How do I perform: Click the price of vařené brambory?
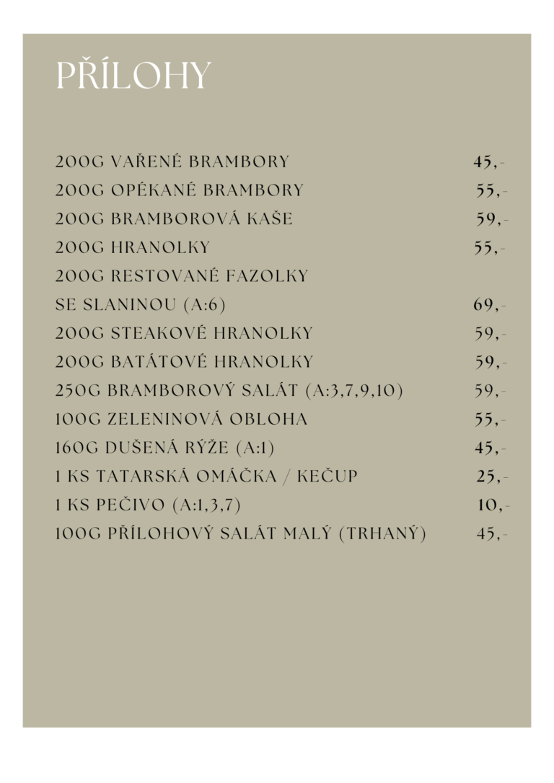[x=488, y=162]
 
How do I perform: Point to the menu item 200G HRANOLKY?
[x=133, y=247]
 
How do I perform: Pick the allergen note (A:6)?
[x=205, y=305]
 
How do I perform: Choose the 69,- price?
[x=490, y=305]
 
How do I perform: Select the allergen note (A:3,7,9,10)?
[x=354, y=391]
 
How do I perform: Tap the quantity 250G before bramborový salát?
[x=78, y=391]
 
